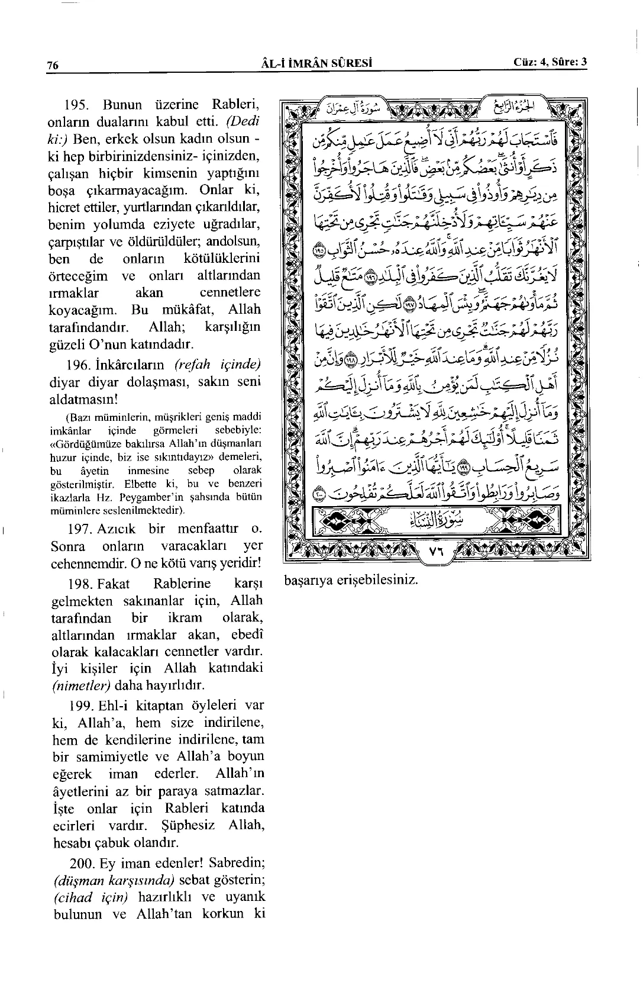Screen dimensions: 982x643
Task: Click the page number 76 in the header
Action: coord(52,66)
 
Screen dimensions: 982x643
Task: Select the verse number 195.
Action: coord(76,105)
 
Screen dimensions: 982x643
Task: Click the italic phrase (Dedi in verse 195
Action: coord(244,123)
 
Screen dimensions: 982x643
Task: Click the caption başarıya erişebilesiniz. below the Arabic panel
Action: coord(351,579)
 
